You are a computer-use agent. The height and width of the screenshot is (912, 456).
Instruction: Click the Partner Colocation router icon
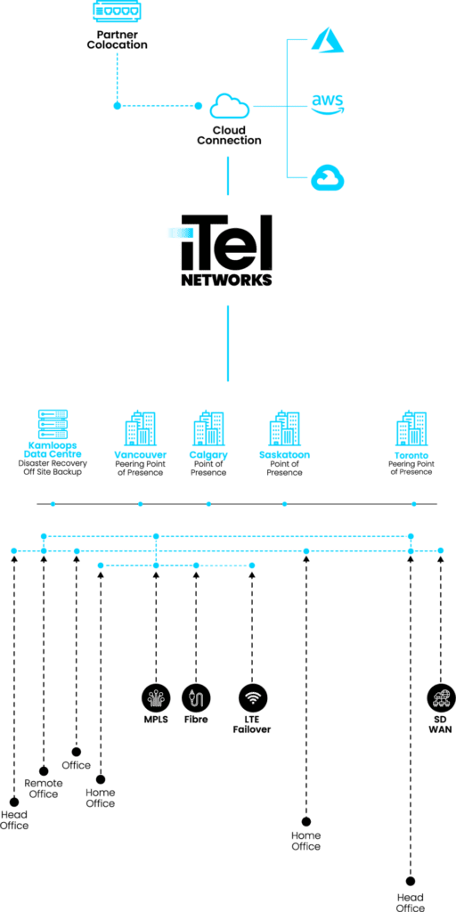(x=117, y=12)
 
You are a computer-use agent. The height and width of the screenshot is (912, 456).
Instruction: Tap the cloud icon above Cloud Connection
(x=230, y=107)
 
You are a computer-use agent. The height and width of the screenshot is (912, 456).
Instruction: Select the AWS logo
(x=328, y=103)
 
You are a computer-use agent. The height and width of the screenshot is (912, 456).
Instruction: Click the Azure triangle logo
(x=328, y=39)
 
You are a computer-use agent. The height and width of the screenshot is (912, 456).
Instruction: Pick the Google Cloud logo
(x=328, y=177)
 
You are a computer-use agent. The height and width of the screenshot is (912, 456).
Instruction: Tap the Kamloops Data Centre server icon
(x=53, y=425)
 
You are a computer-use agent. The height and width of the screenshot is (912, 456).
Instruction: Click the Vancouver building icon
(x=141, y=428)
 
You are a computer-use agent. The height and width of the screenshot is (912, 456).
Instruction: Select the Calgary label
(x=208, y=455)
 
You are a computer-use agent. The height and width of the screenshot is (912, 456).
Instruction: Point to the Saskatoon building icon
(x=284, y=428)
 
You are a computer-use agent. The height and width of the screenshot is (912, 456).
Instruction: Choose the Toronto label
(x=411, y=455)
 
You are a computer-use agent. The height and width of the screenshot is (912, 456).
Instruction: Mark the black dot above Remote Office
(x=44, y=771)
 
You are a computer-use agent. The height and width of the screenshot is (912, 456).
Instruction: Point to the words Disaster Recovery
(x=53, y=463)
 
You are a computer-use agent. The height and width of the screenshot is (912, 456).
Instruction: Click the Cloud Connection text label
(x=229, y=135)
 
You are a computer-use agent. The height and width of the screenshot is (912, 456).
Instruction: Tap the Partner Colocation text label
(x=117, y=39)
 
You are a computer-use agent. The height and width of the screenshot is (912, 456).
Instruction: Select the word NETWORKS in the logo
(x=227, y=280)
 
